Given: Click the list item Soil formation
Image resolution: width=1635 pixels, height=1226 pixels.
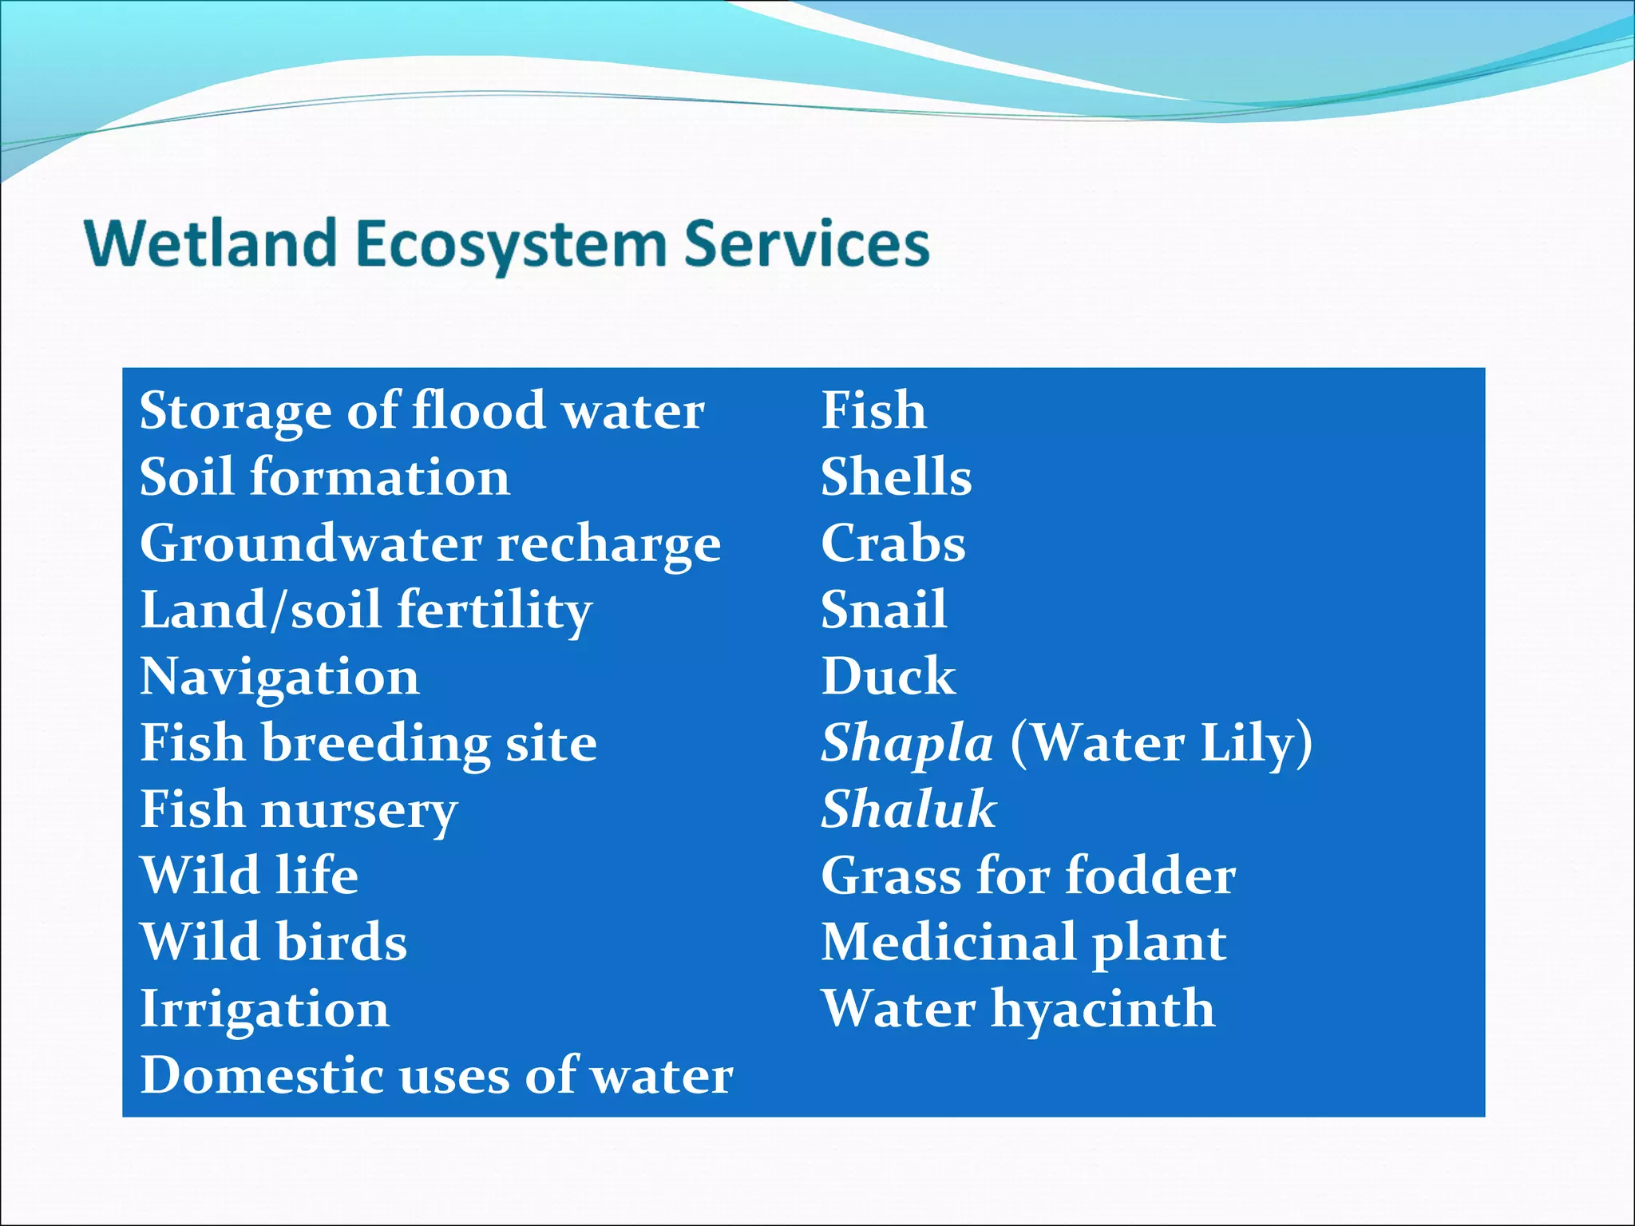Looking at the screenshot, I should pyautogui.click(x=325, y=477).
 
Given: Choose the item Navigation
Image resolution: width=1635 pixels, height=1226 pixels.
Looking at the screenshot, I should pyautogui.click(x=279, y=677).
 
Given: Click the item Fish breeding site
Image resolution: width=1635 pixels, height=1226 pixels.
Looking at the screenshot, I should pyautogui.click(x=368, y=743).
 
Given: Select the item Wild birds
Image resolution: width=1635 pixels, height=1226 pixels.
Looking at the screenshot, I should pyautogui.click(x=274, y=942).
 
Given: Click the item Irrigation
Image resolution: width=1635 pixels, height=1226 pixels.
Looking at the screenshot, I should pyautogui.click(x=264, y=1010).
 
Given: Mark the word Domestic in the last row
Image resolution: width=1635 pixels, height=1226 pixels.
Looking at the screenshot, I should pyautogui.click(x=261, y=1075).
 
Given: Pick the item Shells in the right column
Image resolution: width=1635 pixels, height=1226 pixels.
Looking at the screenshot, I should pyautogui.click(x=896, y=477).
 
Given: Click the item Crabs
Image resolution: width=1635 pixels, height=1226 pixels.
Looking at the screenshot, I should pyautogui.click(x=893, y=544).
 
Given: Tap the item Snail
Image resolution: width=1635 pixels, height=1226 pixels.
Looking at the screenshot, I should pyautogui.click(x=884, y=610).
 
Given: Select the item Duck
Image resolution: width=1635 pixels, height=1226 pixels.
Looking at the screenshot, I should pyautogui.click(x=888, y=677).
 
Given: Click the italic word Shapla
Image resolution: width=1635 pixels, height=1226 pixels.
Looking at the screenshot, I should pyautogui.click(x=907, y=744).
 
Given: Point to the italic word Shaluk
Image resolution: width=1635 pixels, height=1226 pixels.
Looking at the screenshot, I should pyautogui.click(x=909, y=809).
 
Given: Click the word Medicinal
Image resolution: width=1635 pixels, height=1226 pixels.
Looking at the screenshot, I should pyautogui.click(x=948, y=942).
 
